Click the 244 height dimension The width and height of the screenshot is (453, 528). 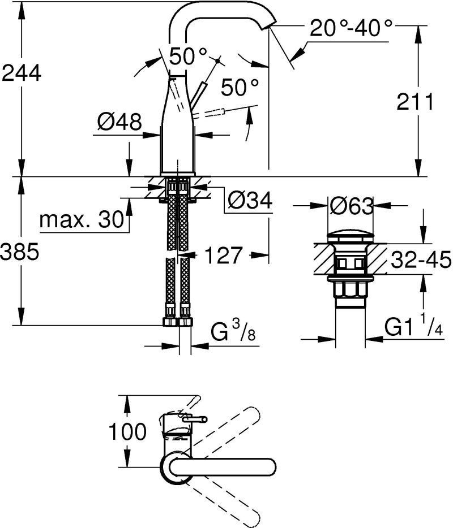pos(21,73)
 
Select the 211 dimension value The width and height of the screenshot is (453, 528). pos(414,102)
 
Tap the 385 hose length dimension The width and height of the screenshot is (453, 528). pos(20,252)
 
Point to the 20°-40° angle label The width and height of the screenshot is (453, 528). pos(352,28)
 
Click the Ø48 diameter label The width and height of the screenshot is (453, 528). pos(119,122)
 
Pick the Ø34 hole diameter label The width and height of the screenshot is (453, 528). pos(250,201)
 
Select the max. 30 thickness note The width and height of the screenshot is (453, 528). pos(82,220)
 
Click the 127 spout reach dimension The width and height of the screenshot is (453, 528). pos(223,255)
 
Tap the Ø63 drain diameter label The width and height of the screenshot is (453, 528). pos(352,206)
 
